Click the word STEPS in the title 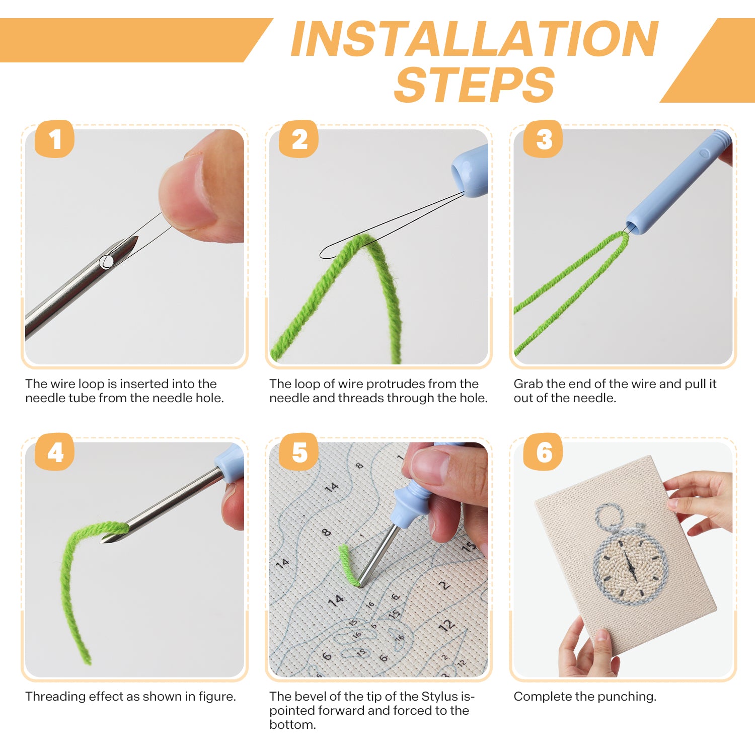coord(474,85)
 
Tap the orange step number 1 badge coord(54,139)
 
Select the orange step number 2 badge coord(299,139)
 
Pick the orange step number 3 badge coord(543,139)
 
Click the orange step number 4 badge coord(54,452)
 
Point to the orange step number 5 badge coord(299,452)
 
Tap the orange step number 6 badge coord(543,452)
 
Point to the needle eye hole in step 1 coord(106,262)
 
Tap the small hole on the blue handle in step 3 coord(704,153)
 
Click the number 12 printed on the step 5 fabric coord(446,626)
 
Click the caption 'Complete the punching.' coord(585,697)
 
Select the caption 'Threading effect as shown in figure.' coord(130,697)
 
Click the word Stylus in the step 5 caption coord(440,697)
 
